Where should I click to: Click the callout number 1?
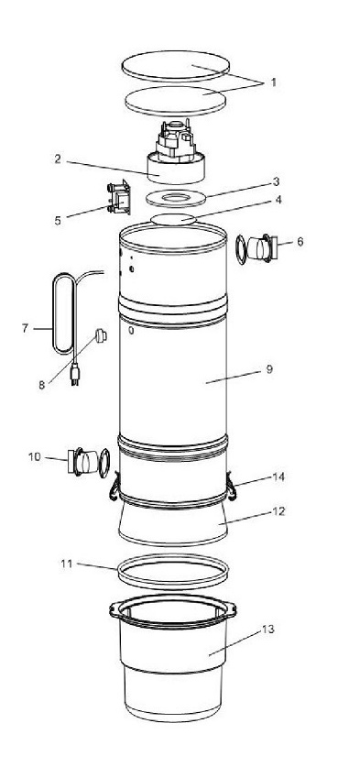273,82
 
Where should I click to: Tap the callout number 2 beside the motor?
58,159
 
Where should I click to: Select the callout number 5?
58,220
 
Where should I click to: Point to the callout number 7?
26,328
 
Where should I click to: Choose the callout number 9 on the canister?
269,369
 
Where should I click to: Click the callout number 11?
67,564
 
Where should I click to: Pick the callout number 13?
268,630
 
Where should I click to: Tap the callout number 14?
279,477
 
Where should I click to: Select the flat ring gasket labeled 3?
176,199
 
